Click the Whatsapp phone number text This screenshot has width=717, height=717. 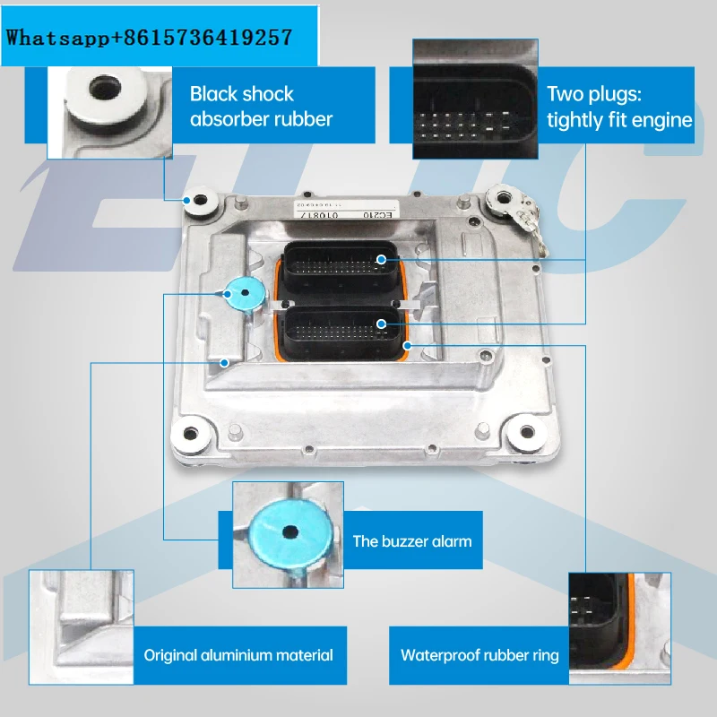151,37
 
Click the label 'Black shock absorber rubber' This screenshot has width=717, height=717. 261,106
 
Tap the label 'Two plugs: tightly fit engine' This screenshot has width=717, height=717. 619,106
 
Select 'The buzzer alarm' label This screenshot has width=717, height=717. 411,540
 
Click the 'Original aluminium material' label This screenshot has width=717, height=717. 238,655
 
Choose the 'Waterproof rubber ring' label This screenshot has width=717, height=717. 479,655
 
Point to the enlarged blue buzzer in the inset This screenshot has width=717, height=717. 289,531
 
